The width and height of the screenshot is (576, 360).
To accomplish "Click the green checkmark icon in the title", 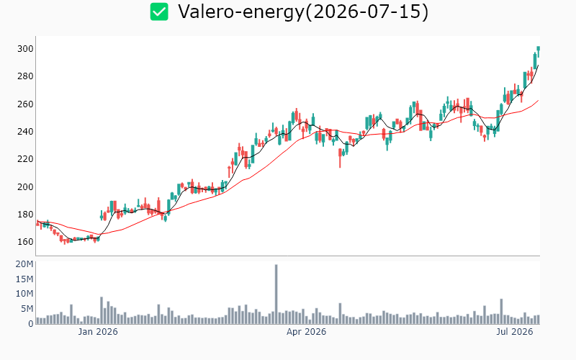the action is point(159,12).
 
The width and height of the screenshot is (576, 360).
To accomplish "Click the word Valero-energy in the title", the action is point(241,12).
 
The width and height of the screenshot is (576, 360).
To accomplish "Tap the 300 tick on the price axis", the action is point(25,49).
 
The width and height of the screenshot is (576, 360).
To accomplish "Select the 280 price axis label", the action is point(25,76).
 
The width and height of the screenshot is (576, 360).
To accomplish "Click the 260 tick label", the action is point(25,104).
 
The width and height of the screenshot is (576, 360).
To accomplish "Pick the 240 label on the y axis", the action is point(25,132).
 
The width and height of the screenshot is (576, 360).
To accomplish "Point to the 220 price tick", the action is point(25,159).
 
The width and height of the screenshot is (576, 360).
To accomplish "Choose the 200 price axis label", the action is point(25,186).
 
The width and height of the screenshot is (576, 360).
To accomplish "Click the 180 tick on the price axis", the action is point(25,214).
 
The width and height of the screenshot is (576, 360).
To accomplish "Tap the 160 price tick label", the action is point(25,242).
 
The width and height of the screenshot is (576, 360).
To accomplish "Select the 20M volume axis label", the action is point(24,264).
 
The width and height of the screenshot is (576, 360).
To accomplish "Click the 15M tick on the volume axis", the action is point(24,279).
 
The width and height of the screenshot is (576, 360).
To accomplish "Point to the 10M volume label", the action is point(24,294).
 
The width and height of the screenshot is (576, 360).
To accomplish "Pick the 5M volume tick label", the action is point(27,309).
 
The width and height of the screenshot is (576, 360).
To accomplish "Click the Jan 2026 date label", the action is point(98,332).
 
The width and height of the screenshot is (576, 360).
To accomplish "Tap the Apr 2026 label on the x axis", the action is point(307,332).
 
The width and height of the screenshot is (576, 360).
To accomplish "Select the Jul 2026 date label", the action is point(514,332).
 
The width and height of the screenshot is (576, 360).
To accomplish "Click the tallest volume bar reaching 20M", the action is point(276,294).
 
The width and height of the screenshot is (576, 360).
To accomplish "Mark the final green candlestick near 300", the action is point(538,50).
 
